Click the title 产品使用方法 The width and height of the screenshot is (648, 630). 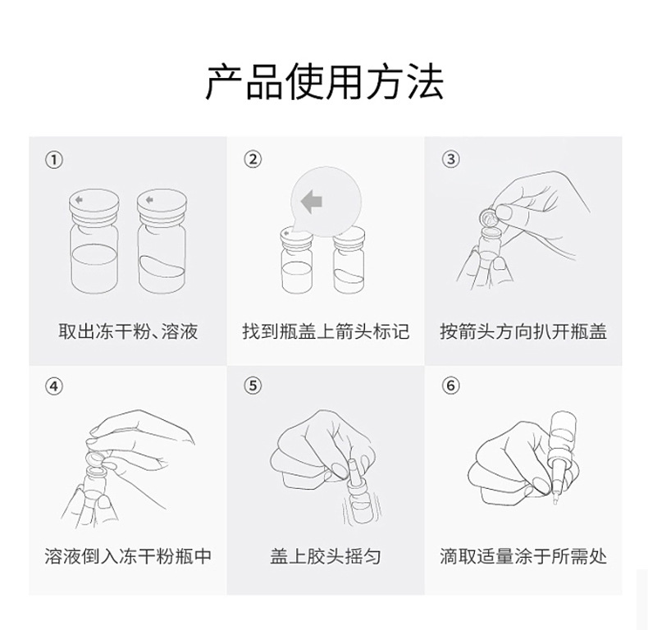point(324,82)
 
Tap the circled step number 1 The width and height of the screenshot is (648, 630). point(53,159)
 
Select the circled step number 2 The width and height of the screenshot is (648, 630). point(253,159)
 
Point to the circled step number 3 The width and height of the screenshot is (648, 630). point(450,159)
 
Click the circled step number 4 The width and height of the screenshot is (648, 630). point(53,386)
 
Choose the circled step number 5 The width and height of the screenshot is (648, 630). point(253,386)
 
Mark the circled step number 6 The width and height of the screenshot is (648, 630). point(450,386)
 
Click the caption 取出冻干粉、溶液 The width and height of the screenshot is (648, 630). point(128,331)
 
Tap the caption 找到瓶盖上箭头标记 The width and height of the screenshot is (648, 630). point(325,331)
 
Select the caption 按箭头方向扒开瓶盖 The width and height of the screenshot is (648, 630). point(523,331)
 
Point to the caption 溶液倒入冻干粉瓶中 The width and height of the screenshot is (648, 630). point(128,556)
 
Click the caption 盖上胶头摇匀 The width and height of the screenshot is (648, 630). point(325,556)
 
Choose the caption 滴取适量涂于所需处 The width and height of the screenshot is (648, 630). point(523,556)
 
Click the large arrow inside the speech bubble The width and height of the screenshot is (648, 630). point(311,200)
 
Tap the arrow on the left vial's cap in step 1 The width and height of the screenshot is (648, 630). point(79,199)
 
